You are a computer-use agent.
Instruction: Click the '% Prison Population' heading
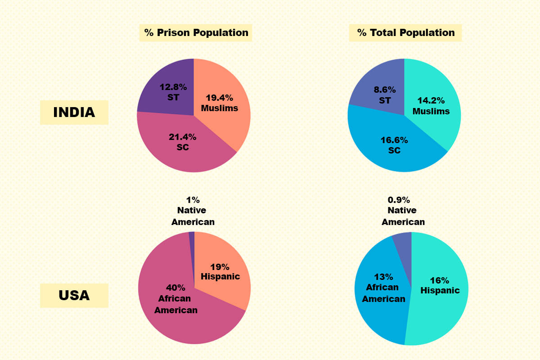pos(195,32)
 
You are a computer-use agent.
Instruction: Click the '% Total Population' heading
pos(405,32)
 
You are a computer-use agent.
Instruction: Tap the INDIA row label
pos(74,112)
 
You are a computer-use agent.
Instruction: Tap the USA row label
pos(74,296)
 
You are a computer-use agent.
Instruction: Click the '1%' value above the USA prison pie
pos(193,199)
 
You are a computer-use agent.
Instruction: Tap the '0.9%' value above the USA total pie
pos(399,199)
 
